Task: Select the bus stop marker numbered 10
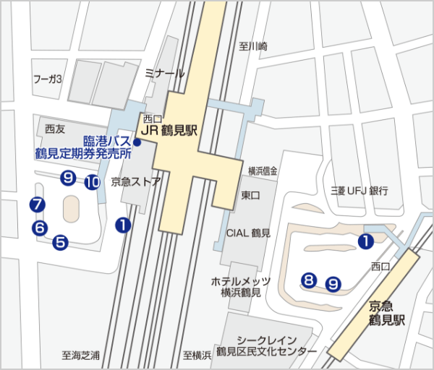[92, 182]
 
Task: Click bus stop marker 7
[38, 205]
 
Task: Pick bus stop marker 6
[41, 228]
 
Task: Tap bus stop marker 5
[60, 242]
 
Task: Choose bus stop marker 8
[309, 279]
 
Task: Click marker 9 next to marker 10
[69, 176]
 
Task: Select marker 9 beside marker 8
[333, 283]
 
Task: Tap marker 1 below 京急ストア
[123, 225]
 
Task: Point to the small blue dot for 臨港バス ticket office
[137, 142]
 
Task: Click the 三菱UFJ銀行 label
[359, 191]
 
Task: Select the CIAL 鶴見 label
[249, 233]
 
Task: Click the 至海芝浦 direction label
[81, 356]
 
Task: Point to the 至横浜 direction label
[197, 356]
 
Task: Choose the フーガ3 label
[48, 78]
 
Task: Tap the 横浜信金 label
[263, 171]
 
